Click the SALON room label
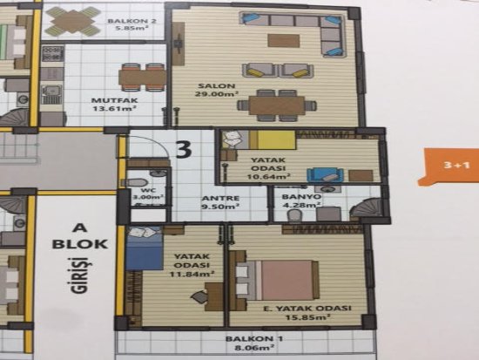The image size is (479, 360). click(x=216, y=86)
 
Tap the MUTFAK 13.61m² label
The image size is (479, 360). click(x=115, y=104)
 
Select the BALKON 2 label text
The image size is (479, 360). click(x=132, y=21)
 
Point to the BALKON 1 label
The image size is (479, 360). click(x=253, y=338)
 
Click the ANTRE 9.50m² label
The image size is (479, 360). click(x=220, y=202)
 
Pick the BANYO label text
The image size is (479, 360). click(x=301, y=197)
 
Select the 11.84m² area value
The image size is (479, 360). click(x=192, y=274)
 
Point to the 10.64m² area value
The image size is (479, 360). click(x=268, y=177)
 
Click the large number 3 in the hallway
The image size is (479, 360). click(x=185, y=149)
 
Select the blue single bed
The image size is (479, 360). click(x=145, y=248)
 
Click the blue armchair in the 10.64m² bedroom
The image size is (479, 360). click(x=326, y=175)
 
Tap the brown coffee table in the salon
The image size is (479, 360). click(x=284, y=40)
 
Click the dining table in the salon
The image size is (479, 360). click(x=277, y=105)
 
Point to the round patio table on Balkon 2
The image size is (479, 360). click(x=73, y=22)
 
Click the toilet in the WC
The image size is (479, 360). click(x=135, y=183)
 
